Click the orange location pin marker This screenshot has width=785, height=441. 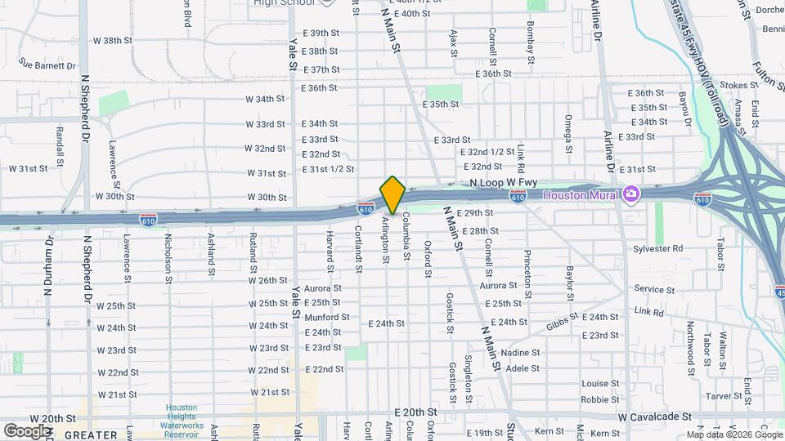[392, 195]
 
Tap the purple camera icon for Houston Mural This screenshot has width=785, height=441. [630, 194]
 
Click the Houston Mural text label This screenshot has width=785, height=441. [582, 195]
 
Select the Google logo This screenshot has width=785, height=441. [28, 430]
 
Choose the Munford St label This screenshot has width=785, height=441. [326, 317]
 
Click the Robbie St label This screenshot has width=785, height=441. [600, 399]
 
